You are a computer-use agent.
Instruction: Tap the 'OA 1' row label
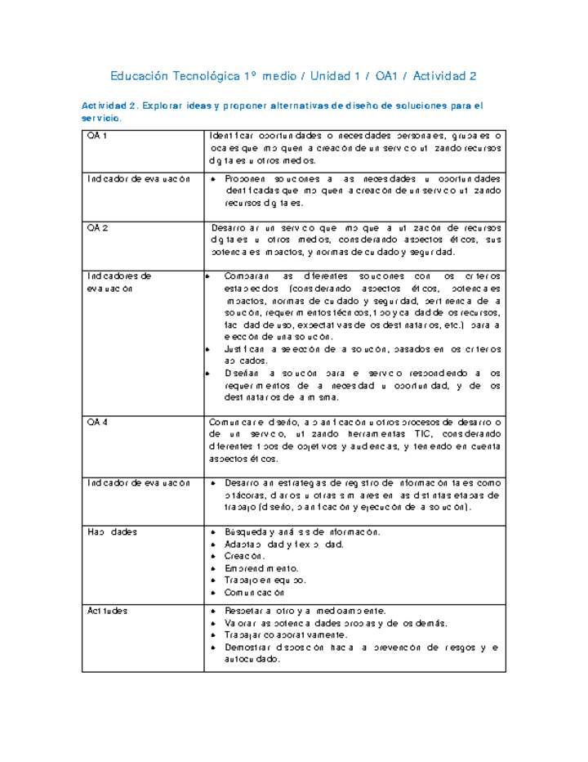tap(97, 135)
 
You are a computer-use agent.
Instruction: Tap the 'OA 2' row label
tap(97, 227)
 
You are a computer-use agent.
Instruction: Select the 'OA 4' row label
tap(97, 422)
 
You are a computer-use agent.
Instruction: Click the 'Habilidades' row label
tap(112, 532)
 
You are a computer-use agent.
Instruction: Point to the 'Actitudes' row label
tap(107, 611)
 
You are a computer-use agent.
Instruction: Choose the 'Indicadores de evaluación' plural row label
tap(119, 282)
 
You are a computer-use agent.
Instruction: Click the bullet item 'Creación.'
tap(244, 556)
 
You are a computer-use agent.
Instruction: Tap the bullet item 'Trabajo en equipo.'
tap(265, 580)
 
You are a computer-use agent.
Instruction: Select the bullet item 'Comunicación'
tap(255, 593)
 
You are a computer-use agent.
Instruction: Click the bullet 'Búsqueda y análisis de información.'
tap(302, 532)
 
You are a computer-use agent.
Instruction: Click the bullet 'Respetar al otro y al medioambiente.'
tap(305, 611)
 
